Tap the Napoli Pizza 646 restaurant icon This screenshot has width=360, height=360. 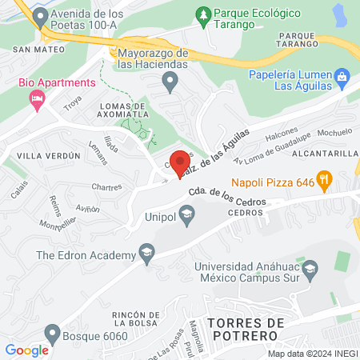tap(324, 180)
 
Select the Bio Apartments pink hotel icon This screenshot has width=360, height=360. tap(36, 99)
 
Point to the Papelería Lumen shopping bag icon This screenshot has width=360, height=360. tap(342, 78)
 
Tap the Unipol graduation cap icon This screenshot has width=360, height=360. tap(187, 213)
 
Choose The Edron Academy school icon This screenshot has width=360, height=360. tap(146, 254)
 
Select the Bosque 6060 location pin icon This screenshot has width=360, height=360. tap(54, 331)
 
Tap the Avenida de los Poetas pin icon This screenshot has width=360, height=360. tap(38, 16)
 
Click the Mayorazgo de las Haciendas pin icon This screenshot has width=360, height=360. tap(169, 80)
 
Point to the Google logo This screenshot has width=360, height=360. tap(27, 350)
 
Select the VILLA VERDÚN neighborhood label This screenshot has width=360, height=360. tap(48, 155)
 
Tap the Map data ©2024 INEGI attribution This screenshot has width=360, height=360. tap(312, 353)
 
